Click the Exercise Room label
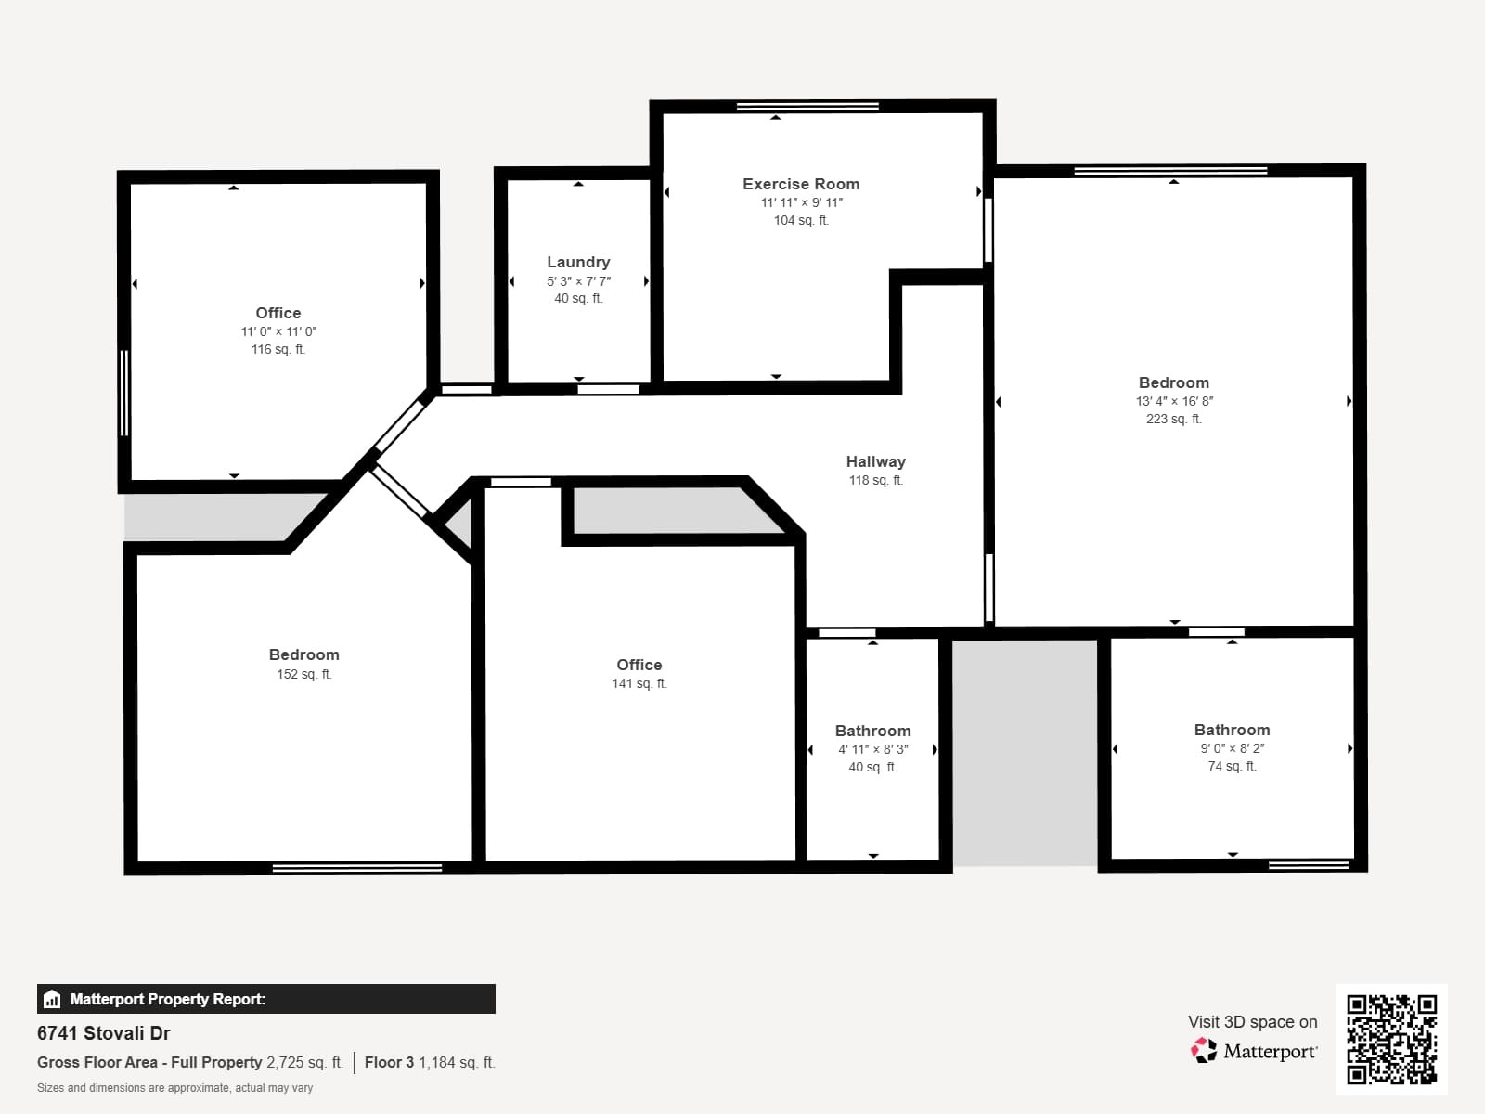click(800, 184)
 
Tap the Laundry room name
click(578, 262)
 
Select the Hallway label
click(875, 461)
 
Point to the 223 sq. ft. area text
click(1173, 419)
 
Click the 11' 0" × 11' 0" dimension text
click(278, 331)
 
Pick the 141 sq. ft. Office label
click(639, 665)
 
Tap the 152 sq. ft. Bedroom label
click(303, 654)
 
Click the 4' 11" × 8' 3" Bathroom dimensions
click(872, 749)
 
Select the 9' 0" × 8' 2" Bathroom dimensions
click(1232, 748)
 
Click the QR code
click(1391, 1039)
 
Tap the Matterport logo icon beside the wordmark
click(1204, 1051)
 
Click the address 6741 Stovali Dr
click(104, 1033)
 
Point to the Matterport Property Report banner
click(265, 999)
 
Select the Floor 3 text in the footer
click(389, 1062)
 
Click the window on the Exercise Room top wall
click(807, 107)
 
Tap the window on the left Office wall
click(124, 393)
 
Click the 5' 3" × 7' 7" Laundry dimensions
click(578, 281)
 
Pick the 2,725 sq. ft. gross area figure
click(304, 1062)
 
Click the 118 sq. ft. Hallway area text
click(875, 480)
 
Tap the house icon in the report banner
click(52, 999)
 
